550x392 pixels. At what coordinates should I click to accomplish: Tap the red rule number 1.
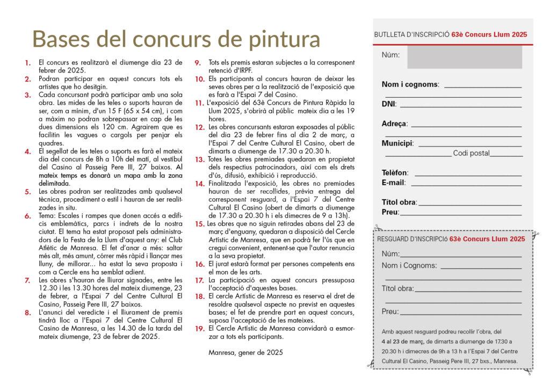tap(27, 63)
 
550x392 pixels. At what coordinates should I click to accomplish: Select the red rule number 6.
tap(27, 217)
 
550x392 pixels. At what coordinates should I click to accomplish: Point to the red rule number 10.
tap(199, 79)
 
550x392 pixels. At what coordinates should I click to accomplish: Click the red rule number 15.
tap(199, 224)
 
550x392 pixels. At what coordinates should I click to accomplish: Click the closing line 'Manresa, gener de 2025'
tap(244, 353)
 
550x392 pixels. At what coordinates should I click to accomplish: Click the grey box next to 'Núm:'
tap(464, 57)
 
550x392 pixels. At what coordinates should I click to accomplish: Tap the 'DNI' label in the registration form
tap(388, 104)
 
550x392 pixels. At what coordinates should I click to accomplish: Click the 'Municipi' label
tap(397, 144)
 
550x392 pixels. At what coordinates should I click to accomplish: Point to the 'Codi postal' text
tap(471, 154)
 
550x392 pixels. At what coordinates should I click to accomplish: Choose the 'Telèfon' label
tap(395, 173)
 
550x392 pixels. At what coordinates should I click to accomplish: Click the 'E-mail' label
tap(393, 183)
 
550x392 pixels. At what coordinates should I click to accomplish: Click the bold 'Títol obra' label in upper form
tap(399, 202)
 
